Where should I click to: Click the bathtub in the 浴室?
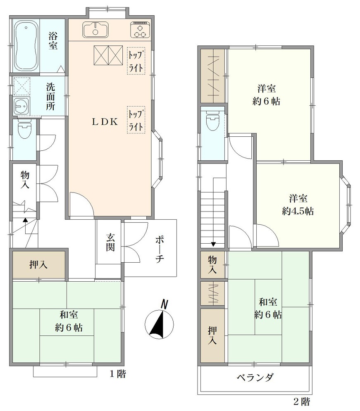26,46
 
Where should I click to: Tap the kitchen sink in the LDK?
95,29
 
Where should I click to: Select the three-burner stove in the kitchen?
140,30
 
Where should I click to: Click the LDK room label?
105,122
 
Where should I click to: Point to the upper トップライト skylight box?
136,61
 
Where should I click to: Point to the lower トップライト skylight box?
136,120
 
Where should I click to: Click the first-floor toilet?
24,129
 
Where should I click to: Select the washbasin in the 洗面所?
21,106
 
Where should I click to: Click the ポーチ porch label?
160,249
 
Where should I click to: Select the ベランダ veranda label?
255,378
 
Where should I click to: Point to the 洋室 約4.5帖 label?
298,205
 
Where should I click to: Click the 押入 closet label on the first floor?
38,265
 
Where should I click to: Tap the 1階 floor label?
117,374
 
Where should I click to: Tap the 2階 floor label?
302,401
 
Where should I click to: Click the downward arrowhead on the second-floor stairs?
213,244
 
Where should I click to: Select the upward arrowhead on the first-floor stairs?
25,220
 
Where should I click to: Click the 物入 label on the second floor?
212,265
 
